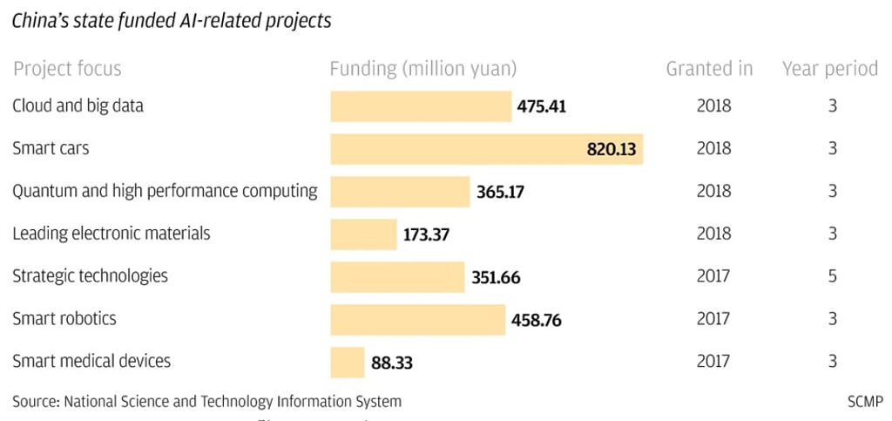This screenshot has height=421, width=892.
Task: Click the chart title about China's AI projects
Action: click(172, 21)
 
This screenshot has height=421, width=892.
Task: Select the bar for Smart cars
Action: click(486, 149)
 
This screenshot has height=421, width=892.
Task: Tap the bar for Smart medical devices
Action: click(347, 362)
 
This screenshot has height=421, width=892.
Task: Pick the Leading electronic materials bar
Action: click(363, 234)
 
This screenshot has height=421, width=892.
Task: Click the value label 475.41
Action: click(541, 107)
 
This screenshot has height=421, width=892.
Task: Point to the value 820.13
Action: click(612, 149)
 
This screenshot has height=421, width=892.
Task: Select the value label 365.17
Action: click(500, 192)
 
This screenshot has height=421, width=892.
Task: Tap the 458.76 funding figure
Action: click(537, 320)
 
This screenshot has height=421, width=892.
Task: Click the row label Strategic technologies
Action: click(90, 276)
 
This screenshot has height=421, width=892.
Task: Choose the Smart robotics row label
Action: click(64, 319)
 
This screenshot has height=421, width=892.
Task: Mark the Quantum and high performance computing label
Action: click(165, 191)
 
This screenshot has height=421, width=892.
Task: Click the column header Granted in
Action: click(709, 69)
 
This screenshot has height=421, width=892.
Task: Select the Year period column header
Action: click(829, 69)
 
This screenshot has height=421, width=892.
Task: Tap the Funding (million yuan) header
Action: click(423, 69)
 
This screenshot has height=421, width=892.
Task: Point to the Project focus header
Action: click(67, 69)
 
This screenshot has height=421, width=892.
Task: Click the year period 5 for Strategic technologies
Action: click(833, 276)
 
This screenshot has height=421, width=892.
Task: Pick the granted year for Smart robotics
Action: click(713, 319)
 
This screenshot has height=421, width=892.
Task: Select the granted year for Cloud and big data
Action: click(713, 106)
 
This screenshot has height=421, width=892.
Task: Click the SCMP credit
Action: click(865, 402)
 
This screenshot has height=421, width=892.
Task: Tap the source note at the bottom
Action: click(207, 402)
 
